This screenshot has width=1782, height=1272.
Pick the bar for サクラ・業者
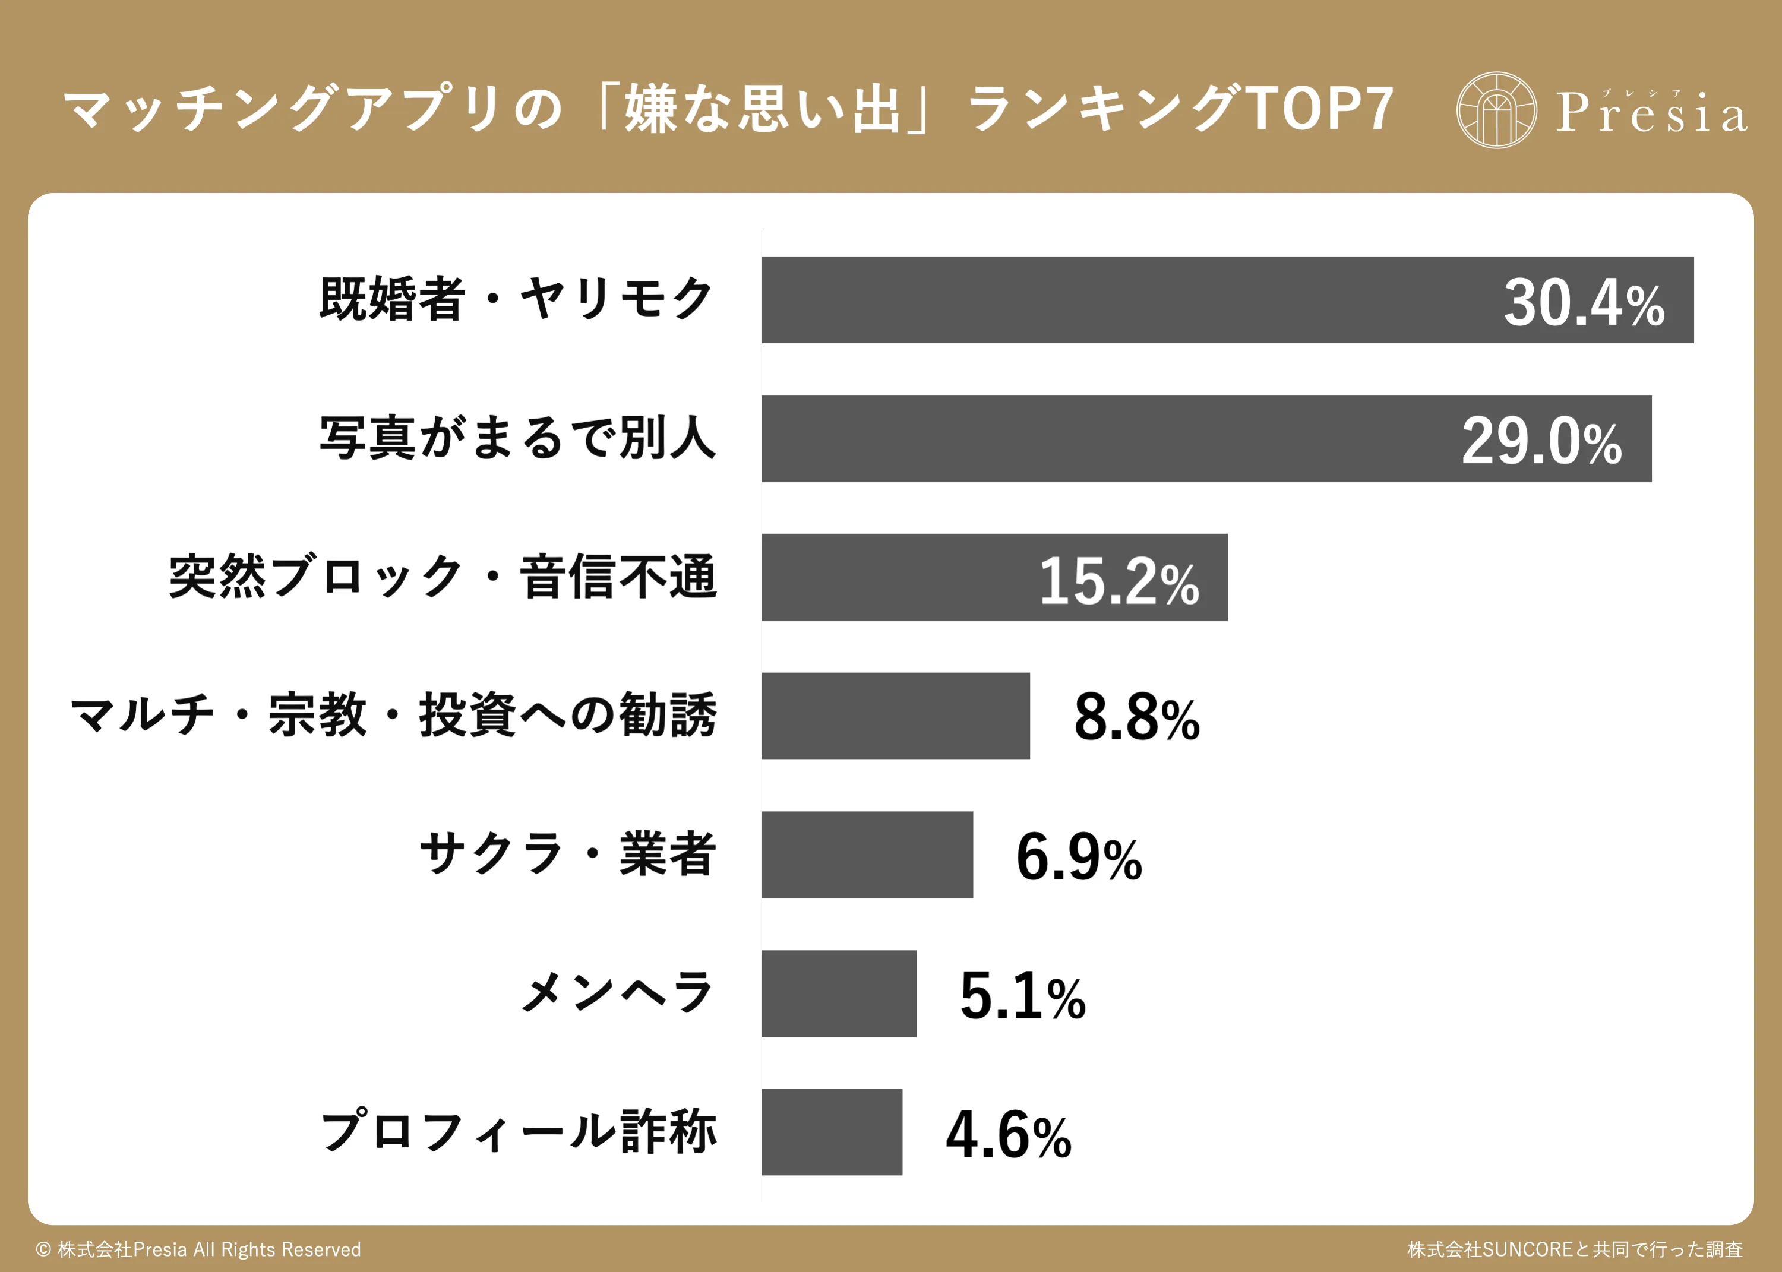click(x=867, y=855)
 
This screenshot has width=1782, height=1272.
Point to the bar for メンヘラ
click(x=839, y=993)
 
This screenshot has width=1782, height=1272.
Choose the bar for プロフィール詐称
click(x=832, y=1132)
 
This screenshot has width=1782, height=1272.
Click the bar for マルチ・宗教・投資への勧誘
click(x=895, y=716)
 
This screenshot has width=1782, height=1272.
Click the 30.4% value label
click(x=1584, y=303)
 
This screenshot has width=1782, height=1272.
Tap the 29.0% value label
click(x=1541, y=442)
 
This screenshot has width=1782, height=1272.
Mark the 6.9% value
click(x=1079, y=857)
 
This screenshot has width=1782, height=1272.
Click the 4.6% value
click(x=1008, y=1135)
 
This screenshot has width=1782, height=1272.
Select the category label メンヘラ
click(x=617, y=992)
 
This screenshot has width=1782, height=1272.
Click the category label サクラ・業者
click(x=568, y=854)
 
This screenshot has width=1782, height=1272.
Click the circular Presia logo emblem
click(x=1496, y=110)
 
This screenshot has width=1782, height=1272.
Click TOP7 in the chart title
click(x=1320, y=108)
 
